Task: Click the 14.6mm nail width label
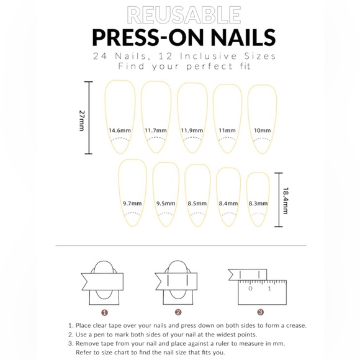click(120, 131)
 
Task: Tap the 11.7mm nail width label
click(156, 131)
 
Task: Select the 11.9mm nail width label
click(192, 131)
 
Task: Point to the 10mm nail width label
click(262, 130)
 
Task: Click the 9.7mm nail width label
click(132, 203)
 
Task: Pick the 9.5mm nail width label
click(165, 203)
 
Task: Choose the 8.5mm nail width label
click(197, 203)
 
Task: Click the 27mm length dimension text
click(81, 120)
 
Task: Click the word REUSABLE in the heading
click(183, 14)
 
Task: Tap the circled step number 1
click(104, 313)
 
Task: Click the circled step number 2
click(178, 313)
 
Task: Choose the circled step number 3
click(260, 313)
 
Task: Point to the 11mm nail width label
click(227, 131)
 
